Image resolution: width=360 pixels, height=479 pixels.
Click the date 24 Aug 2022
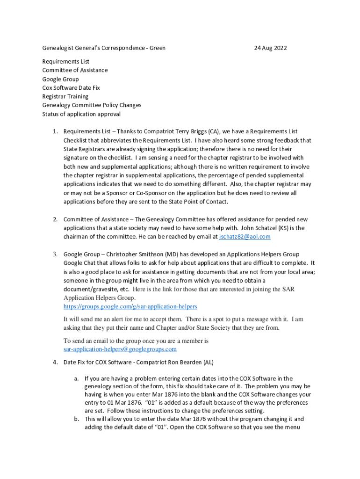[x=270, y=48]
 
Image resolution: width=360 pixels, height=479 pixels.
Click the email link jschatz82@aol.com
[x=245, y=237]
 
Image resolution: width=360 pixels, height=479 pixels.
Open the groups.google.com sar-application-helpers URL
[x=130, y=306]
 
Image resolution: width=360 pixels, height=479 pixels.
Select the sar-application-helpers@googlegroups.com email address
[x=120, y=349]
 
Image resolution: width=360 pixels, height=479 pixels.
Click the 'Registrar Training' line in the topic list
[x=65, y=96]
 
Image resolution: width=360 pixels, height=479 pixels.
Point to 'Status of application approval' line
[x=81, y=114]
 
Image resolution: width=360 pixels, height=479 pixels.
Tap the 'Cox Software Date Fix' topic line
[x=71, y=88]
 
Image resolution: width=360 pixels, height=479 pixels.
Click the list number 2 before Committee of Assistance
[x=55, y=219]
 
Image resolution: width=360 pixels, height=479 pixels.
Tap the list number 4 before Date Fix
[x=55, y=363]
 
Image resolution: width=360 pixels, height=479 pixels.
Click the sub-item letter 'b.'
[x=76, y=420]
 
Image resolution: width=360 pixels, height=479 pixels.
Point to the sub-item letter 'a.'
[x=76, y=378]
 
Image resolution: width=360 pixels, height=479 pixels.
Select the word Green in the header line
[x=158, y=48]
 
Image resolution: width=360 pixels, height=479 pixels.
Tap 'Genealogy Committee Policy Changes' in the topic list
[x=92, y=105]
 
